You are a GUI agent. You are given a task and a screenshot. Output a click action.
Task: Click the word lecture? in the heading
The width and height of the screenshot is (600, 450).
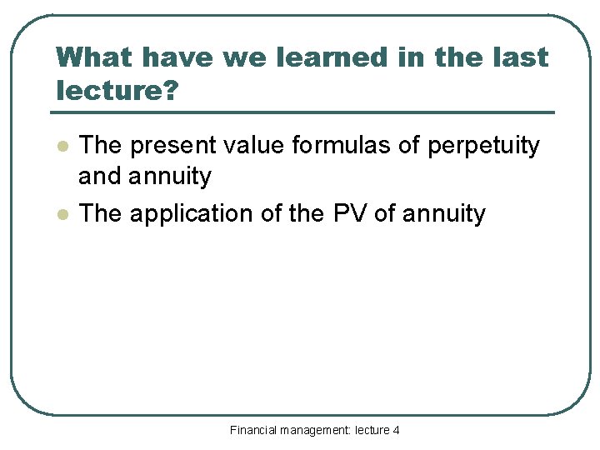coord(117,91)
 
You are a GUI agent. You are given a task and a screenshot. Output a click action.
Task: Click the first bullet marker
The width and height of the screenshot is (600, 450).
coord(61,147)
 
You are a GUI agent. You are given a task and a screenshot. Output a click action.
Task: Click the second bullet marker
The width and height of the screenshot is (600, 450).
coord(61,214)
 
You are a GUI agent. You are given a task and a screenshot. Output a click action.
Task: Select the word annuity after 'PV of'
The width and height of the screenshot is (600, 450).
coord(443,213)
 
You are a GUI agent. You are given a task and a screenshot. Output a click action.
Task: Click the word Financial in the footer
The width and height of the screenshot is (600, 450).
coord(254,430)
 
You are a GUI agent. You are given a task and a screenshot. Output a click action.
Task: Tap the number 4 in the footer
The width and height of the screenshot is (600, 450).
coord(396,430)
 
